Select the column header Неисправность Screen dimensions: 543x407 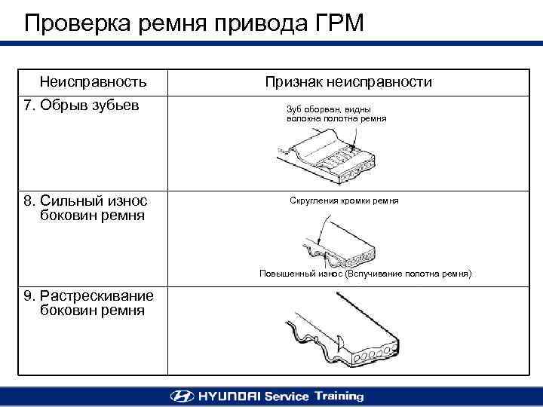click(93, 81)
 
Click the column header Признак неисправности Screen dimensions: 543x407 click(348, 81)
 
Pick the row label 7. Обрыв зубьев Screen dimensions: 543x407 click(81, 104)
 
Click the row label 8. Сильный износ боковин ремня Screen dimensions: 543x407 click(85, 208)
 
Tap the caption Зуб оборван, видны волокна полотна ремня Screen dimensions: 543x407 click(336, 114)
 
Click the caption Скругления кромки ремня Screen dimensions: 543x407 click(344, 201)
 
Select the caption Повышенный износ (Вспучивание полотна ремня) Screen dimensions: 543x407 click(365, 274)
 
